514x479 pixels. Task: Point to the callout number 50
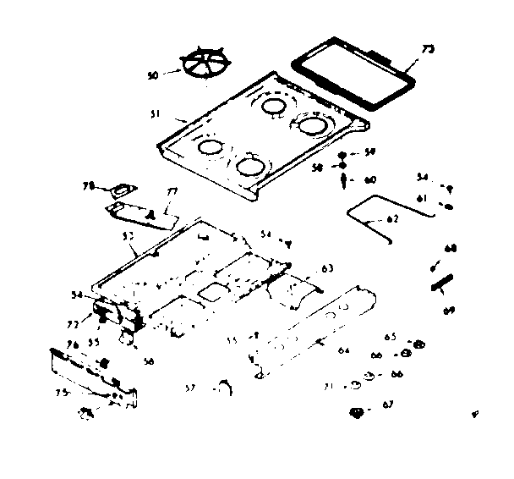153,75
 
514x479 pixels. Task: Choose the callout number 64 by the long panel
344,350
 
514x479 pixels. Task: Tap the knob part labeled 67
356,413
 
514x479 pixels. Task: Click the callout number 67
388,405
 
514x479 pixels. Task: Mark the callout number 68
451,248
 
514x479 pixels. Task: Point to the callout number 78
86,185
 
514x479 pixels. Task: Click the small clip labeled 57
223,387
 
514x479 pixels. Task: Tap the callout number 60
369,180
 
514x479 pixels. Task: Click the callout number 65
390,337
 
